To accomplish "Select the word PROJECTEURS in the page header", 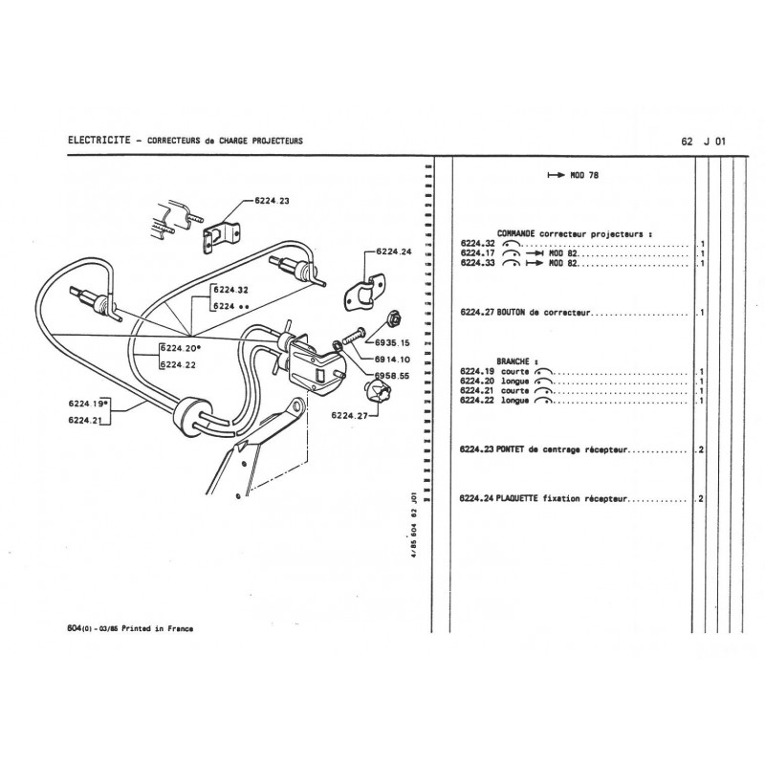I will coord(271,141).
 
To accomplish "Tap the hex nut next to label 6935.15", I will coord(391,320).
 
